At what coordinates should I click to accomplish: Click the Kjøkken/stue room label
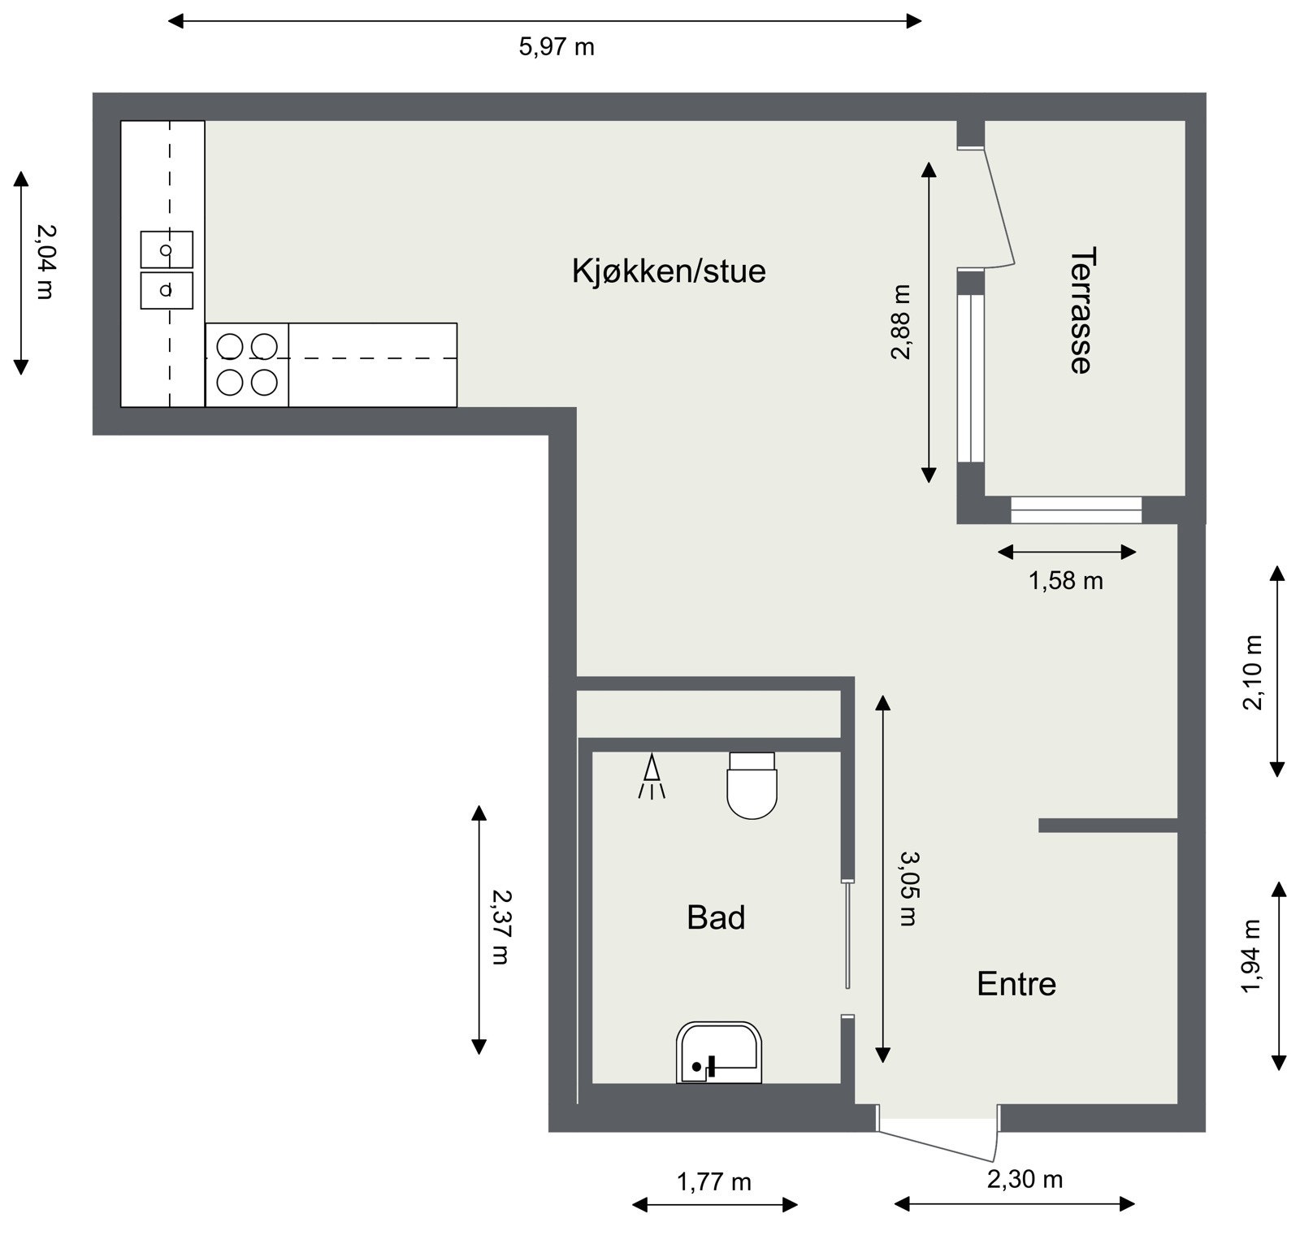(668, 271)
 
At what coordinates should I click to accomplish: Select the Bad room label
(715, 917)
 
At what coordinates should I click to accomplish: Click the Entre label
(1016, 984)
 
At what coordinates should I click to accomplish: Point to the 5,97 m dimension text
(557, 47)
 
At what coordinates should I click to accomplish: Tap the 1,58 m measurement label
(1065, 581)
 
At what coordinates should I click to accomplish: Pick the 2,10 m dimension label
(1253, 673)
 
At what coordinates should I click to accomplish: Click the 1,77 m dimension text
(713, 1182)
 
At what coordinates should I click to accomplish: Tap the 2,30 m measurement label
(1025, 1179)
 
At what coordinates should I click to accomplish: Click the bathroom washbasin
(719, 1053)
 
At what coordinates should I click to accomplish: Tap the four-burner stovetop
(247, 365)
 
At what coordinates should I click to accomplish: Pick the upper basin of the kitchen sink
(167, 249)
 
